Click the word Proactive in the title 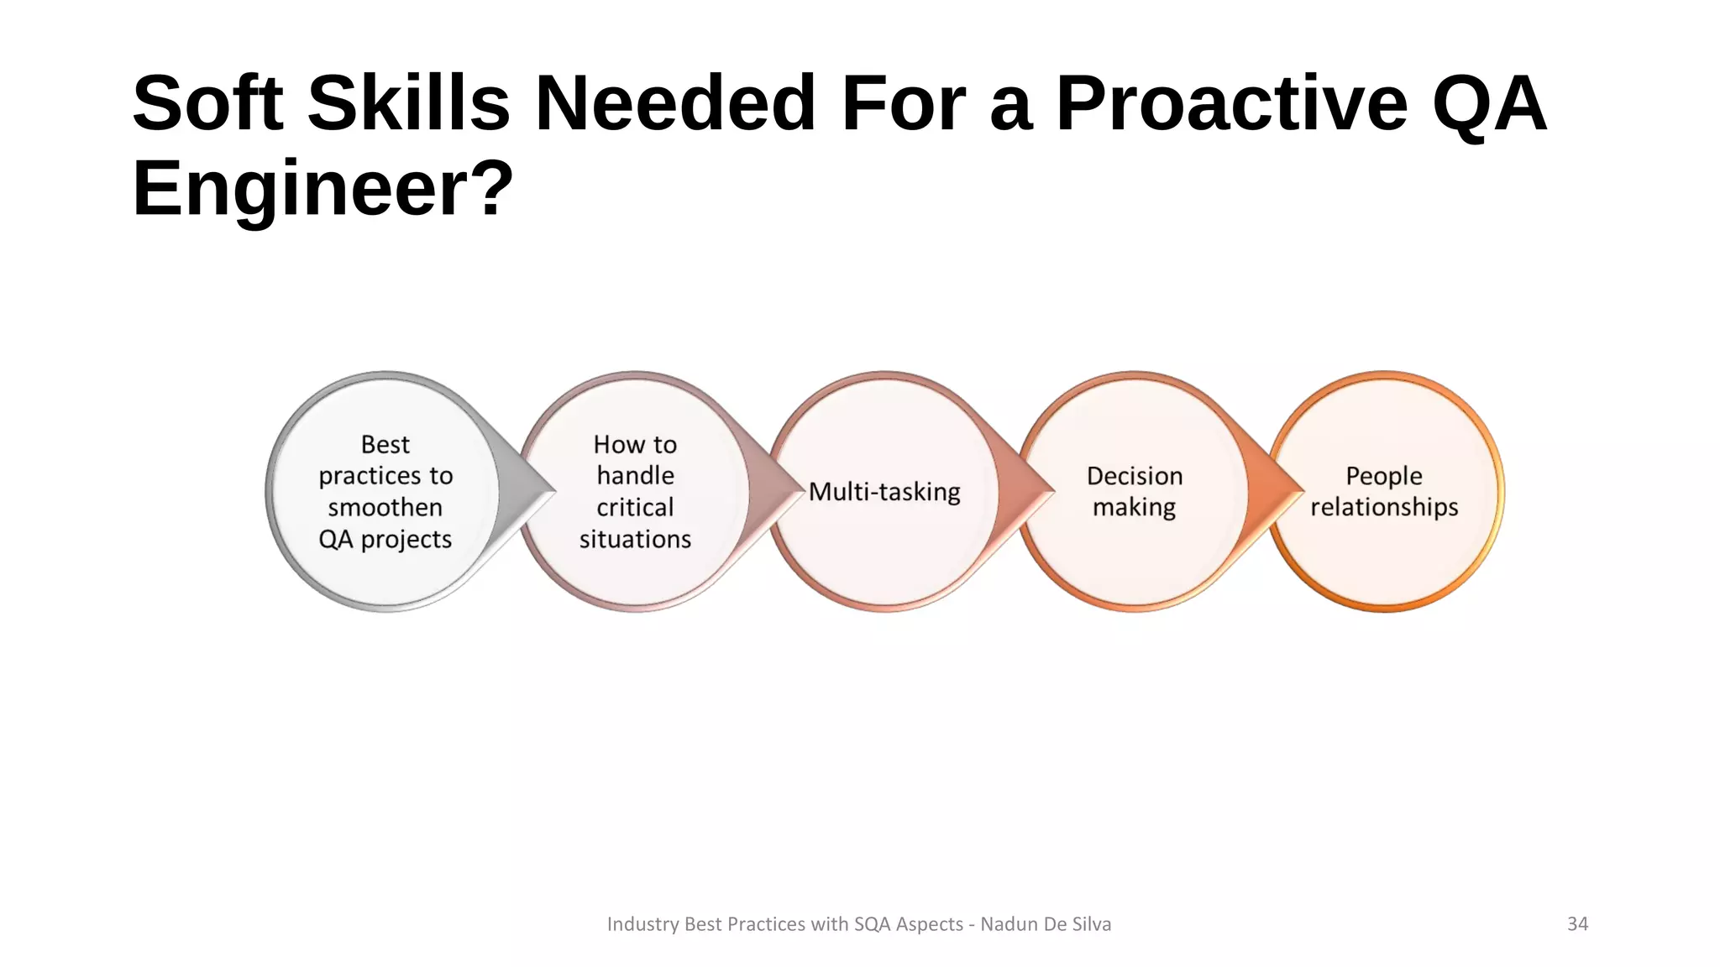(1230, 103)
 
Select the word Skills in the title (409, 103)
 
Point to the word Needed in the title (675, 103)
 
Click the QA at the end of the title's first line (1488, 103)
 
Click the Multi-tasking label (884, 492)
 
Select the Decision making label (1135, 491)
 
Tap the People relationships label (1384, 491)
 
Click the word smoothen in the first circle (385, 507)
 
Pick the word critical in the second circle (635, 507)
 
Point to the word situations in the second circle (635, 539)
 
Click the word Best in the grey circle (385, 444)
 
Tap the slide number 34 (1577, 924)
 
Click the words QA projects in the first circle (385, 539)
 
